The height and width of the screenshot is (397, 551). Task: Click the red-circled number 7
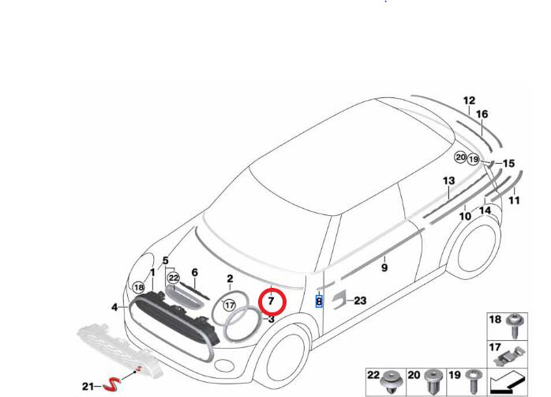click(x=271, y=301)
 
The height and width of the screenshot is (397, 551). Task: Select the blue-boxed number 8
click(x=319, y=301)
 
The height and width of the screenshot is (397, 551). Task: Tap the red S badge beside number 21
click(x=114, y=384)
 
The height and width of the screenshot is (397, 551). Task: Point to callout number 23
click(x=360, y=301)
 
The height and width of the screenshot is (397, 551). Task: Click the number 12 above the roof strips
click(x=469, y=100)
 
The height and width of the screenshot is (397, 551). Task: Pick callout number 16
click(x=482, y=114)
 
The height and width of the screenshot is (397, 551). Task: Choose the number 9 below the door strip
click(x=384, y=268)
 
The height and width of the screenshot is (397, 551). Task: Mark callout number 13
click(x=448, y=181)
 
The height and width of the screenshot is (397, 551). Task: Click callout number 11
click(x=514, y=201)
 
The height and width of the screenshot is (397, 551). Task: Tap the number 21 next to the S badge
click(x=88, y=386)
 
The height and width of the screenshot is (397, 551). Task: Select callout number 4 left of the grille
click(x=114, y=307)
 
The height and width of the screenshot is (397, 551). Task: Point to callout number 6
click(x=194, y=272)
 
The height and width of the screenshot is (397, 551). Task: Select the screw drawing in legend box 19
click(x=471, y=381)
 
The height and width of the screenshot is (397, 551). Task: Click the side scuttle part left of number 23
click(x=339, y=298)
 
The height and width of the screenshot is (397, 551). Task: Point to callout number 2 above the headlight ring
click(x=230, y=278)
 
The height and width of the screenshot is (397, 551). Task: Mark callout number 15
click(x=508, y=163)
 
